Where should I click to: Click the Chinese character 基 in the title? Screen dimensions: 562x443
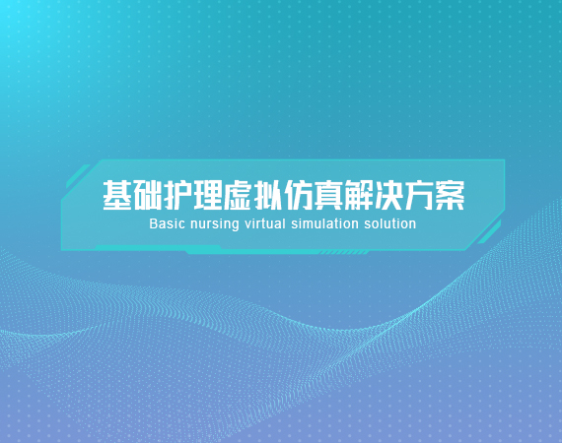pyautogui.click(x=117, y=195)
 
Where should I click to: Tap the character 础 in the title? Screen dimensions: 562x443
pyautogui.click(x=147, y=195)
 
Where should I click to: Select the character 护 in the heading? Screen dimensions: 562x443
pyautogui.click(x=177, y=195)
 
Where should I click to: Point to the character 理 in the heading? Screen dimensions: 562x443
pyautogui.click(x=208, y=195)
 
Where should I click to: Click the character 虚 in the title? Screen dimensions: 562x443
pyautogui.click(x=238, y=195)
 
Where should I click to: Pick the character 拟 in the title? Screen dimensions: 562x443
pyautogui.click(x=268, y=195)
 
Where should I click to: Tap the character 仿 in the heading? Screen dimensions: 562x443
pyautogui.click(x=299, y=195)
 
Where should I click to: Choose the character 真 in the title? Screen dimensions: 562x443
pyautogui.click(x=328, y=195)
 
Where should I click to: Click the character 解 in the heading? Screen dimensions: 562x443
pyautogui.click(x=359, y=195)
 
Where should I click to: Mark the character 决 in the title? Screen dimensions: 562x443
pyautogui.click(x=389, y=195)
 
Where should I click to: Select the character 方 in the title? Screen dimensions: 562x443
pyautogui.click(x=419, y=195)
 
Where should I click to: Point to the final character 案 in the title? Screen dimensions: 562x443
pyautogui.click(x=450, y=195)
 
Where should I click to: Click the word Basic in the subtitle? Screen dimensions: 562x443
pyautogui.click(x=167, y=223)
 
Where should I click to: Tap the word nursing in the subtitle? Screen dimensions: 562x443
pyautogui.click(x=215, y=224)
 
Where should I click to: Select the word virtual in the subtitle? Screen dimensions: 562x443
pyautogui.click(x=265, y=223)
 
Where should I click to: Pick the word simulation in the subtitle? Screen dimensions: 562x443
pyautogui.click(x=324, y=223)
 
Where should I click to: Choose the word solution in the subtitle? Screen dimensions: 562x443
pyautogui.click(x=390, y=223)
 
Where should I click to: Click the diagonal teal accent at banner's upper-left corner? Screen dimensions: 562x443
pyautogui.click(x=78, y=176)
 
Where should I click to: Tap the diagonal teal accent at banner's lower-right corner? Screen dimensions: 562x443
pyautogui.click(x=489, y=232)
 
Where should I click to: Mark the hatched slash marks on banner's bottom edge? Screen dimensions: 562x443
pyautogui.click(x=344, y=253)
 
